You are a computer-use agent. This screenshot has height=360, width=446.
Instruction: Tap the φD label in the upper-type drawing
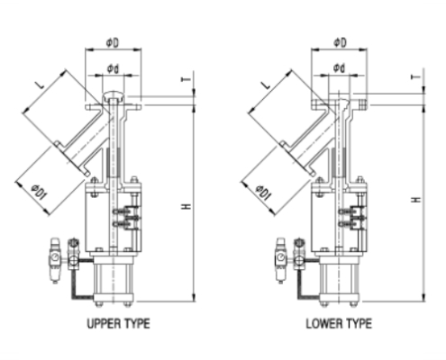(114, 42)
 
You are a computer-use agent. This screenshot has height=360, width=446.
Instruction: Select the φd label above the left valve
(114, 68)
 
